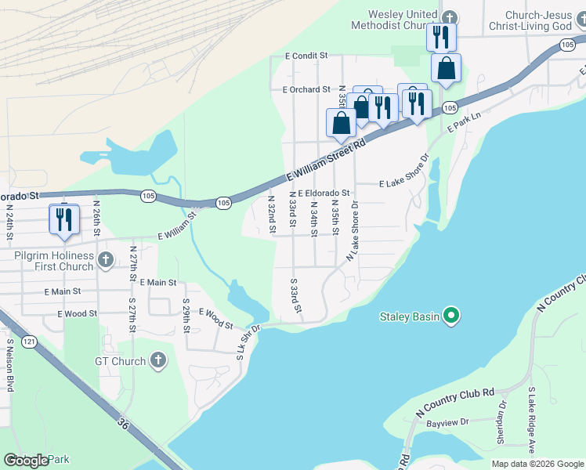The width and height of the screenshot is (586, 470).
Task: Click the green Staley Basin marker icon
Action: click(x=450, y=316)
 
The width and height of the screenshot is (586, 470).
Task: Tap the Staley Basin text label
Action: click(x=410, y=316)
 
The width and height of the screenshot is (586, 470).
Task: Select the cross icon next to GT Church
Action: click(x=157, y=361)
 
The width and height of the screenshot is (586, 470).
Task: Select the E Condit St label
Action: click(x=306, y=56)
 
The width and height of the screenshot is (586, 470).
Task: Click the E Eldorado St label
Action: click(x=323, y=193)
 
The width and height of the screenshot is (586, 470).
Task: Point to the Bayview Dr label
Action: click(x=448, y=422)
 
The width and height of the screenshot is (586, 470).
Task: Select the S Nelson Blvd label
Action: click(x=10, y=363)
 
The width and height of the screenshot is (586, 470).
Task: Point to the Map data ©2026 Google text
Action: click(x=537, y=464)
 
